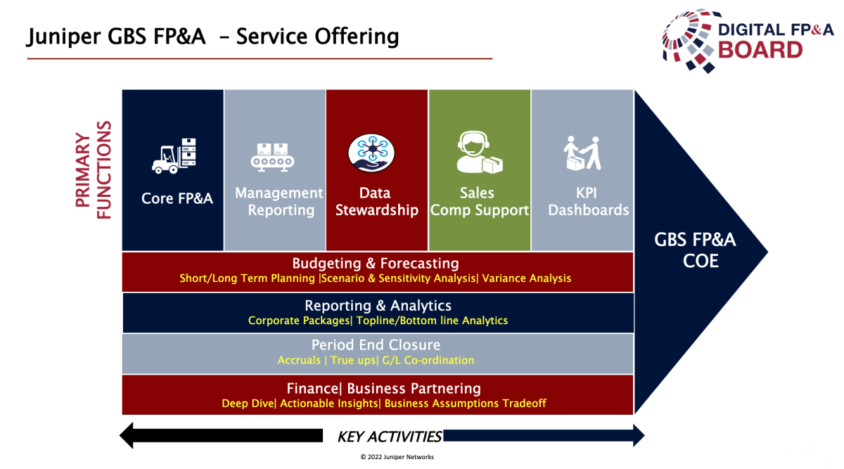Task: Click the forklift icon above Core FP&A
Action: click(x=174, y=155)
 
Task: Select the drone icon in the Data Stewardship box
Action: click(x=371, y=153)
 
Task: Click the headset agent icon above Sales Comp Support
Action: click(x=478, y=153)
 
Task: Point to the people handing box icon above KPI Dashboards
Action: click(x=583, y=153)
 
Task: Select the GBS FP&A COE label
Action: click(x=695, y=250)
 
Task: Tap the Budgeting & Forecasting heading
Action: click(x=376, y=264)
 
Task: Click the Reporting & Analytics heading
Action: click(x=378, y=306)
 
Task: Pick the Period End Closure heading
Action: click(x=376, y=345)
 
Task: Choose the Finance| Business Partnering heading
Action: click(x=383, y=388)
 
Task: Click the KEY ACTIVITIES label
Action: click(x=390, y=437)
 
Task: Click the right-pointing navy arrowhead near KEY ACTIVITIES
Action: click(x=637, y=436)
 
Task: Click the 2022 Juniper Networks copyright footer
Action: click(x=397, y=457)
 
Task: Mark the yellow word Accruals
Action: click(x=300, y=360)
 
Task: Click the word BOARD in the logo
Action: click(x=760, y=50)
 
